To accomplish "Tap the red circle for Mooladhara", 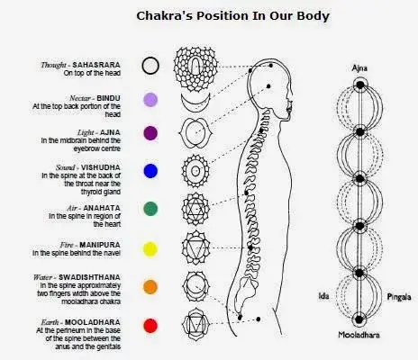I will point(150,325).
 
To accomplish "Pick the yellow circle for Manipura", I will point(150,247).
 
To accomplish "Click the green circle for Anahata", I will point(150,208).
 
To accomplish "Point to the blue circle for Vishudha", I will point(150,170).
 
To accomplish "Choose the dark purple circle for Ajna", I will point(150,133).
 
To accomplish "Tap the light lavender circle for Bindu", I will point(150,100).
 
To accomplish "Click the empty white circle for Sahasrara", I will point(150,65).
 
